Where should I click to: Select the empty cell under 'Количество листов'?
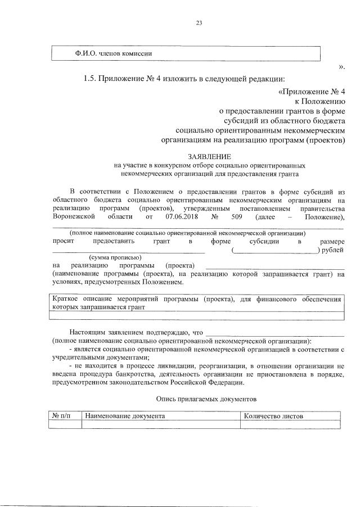pyautogui.click(x=290, y=425)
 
